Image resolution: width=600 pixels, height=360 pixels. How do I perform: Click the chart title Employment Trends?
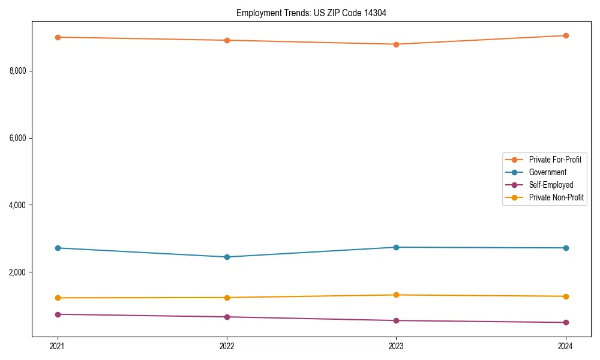[307, 13]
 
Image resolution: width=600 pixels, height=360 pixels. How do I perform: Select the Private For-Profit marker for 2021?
[58, 37]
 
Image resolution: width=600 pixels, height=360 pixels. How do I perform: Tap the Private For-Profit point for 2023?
[396, 44]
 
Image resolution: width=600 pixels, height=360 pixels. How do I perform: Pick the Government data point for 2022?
[227, 257]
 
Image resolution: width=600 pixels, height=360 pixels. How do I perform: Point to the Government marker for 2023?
[396, 247]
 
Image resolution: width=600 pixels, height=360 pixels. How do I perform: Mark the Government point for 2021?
[58, 248]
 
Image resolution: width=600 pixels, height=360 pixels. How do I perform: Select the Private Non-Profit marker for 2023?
[396, 295]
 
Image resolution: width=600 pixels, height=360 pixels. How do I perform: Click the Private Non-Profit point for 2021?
[58, 298]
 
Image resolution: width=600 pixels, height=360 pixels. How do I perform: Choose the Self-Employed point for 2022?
[227, 317]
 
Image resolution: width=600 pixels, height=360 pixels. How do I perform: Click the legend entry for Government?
[547, 172]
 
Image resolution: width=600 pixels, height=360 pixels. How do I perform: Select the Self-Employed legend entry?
[551, 185]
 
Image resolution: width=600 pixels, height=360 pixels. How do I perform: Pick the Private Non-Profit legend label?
[556, 197]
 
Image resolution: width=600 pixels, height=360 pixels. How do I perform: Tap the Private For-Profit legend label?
[555, 160]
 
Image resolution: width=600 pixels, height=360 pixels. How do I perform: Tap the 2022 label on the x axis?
[227, 346]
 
